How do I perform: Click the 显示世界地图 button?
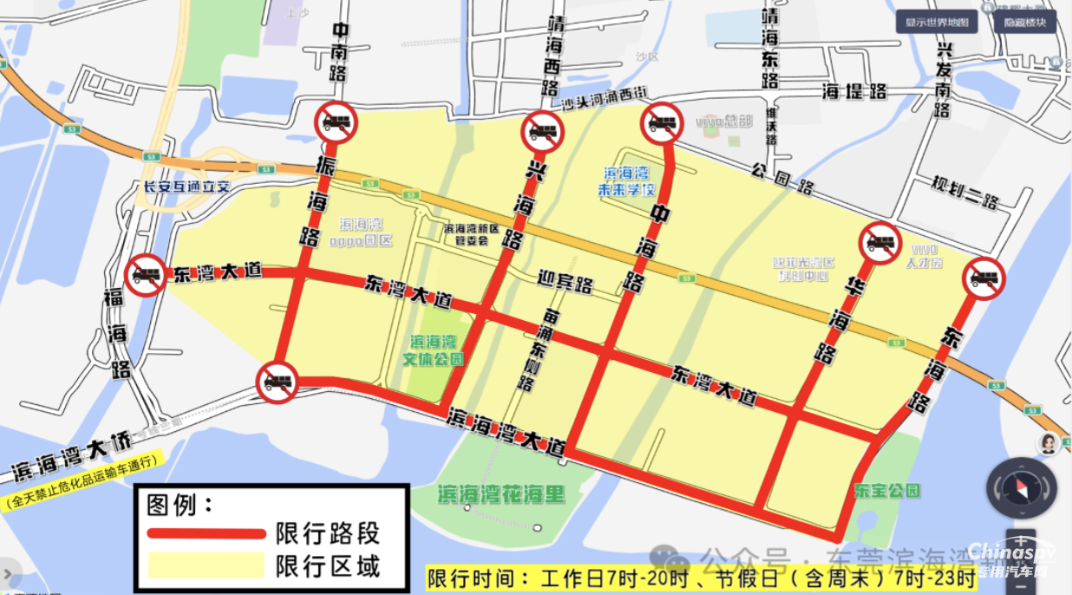[x=937, y=23]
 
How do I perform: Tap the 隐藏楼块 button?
[x=1025, y=23]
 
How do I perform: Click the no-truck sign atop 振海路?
[x=336, y=122]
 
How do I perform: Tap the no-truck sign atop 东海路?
[x=984, y=278]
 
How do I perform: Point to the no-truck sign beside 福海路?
[x=147, y=275]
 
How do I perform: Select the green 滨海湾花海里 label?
[x=501, y=495]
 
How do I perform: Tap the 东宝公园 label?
[x=886, y=491]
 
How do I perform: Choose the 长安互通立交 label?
[x=186, y=186]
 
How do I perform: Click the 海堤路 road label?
[x=854, y=91]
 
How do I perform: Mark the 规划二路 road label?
[x=965, y=193]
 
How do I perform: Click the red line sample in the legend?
[x=206, y=533]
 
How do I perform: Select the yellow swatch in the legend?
[x=206, y=566]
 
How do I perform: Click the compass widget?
[x=1021, y=488]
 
